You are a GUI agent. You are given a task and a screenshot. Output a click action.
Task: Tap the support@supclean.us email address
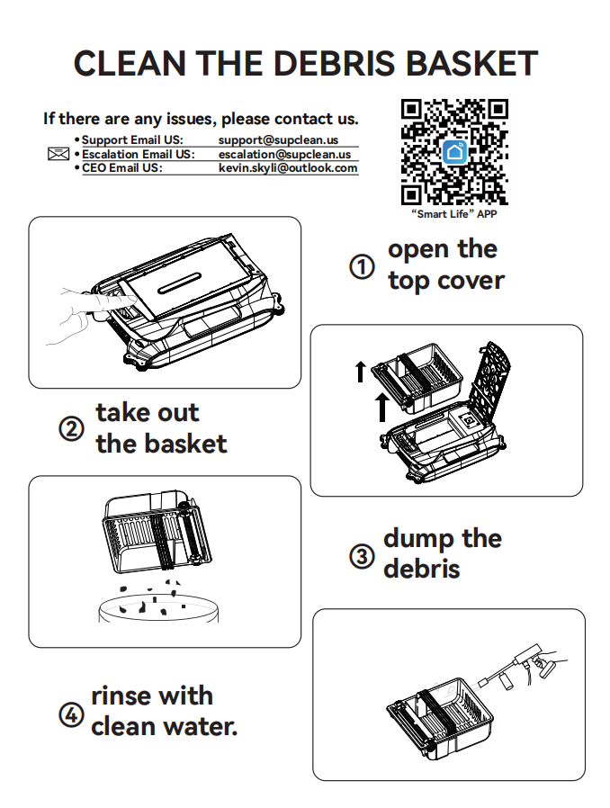coord(278,140)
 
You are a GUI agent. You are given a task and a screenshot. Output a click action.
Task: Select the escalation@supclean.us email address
coord(284,154)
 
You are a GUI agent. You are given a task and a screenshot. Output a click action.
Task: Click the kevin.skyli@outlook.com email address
coord(288,168)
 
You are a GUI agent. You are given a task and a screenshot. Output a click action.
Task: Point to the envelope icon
coord(58,154)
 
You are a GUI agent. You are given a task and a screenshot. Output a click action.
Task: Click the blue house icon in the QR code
coord(455,152)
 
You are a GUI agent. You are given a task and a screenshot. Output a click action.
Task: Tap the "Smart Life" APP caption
coord(453,214)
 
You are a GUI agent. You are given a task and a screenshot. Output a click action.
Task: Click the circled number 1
coord(362,267)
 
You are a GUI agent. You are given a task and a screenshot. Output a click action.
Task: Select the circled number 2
coord(71,428)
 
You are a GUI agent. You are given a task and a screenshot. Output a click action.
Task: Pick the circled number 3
coord(362,557)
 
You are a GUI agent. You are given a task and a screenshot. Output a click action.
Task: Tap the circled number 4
coord(71,715)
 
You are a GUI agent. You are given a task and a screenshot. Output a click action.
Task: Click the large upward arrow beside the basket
coord(381,407)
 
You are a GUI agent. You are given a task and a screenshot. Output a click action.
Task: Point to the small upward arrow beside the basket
coord(361,372)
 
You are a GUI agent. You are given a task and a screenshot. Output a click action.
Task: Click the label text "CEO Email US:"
coord(122,168)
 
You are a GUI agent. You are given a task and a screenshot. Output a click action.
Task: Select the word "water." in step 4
coord(201,727)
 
